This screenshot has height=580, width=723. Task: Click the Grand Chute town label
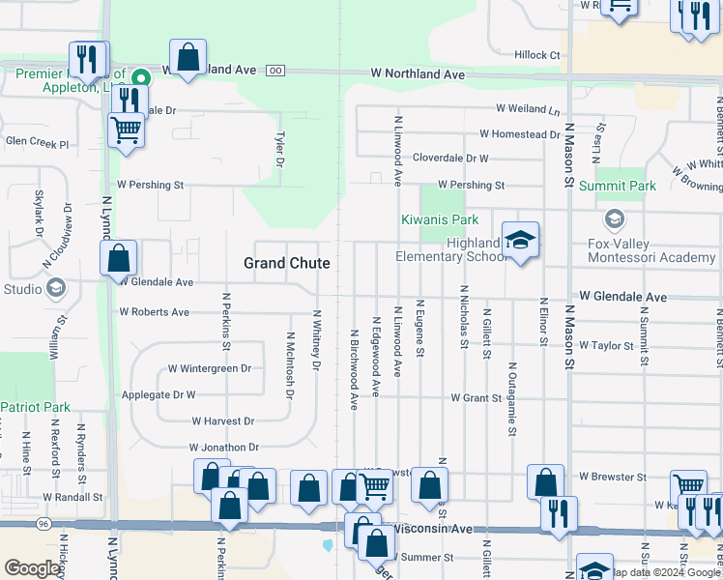(x=286, y=263)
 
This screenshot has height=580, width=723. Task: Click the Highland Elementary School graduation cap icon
(x=520, y=242)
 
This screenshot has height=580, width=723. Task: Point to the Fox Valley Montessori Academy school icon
(x=612, y=219)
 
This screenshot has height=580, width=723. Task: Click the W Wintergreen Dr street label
(x=209, y=368)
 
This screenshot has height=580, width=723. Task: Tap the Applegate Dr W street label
(x=159, y=394)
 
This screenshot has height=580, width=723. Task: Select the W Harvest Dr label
(x=222, y=421)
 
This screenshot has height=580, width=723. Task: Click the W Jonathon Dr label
(x=225, y=448)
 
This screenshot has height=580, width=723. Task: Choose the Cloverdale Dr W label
(x=450, y=158)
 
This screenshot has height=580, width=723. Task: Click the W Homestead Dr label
(x=519, y=134)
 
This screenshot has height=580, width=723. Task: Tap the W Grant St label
(x=477, y=398)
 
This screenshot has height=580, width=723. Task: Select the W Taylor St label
(x=606, y=345)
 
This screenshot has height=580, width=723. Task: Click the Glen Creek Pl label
(x=38, y=143)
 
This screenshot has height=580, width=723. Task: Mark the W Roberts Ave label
(x=155, y=312)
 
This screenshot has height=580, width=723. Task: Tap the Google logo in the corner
(x=32, y=568)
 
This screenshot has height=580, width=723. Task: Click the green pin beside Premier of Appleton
(x=140, y=77)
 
